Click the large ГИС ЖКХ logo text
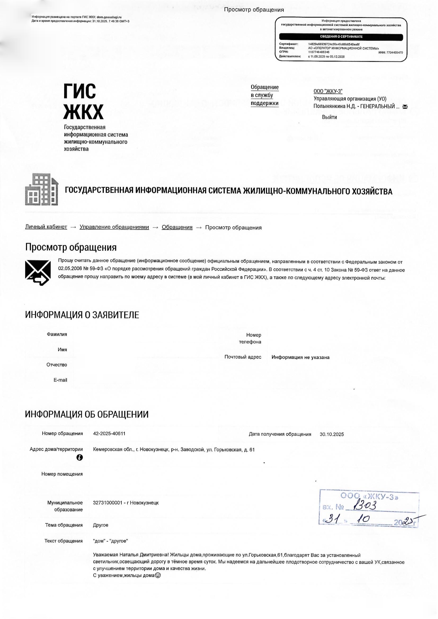[x=83, y=101]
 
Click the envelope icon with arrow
[x=38, y=273]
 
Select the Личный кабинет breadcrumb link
[x=46, y=227]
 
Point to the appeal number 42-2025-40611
[x=109, y=433]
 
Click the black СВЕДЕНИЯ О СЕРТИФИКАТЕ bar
[x=341, y=37]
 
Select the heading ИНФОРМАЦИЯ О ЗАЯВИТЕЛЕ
[x=82, y=315]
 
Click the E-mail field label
[x=60, y=380]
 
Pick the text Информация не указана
[x=300, y=357]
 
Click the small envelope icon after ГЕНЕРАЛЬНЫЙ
[x=405, y=107]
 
